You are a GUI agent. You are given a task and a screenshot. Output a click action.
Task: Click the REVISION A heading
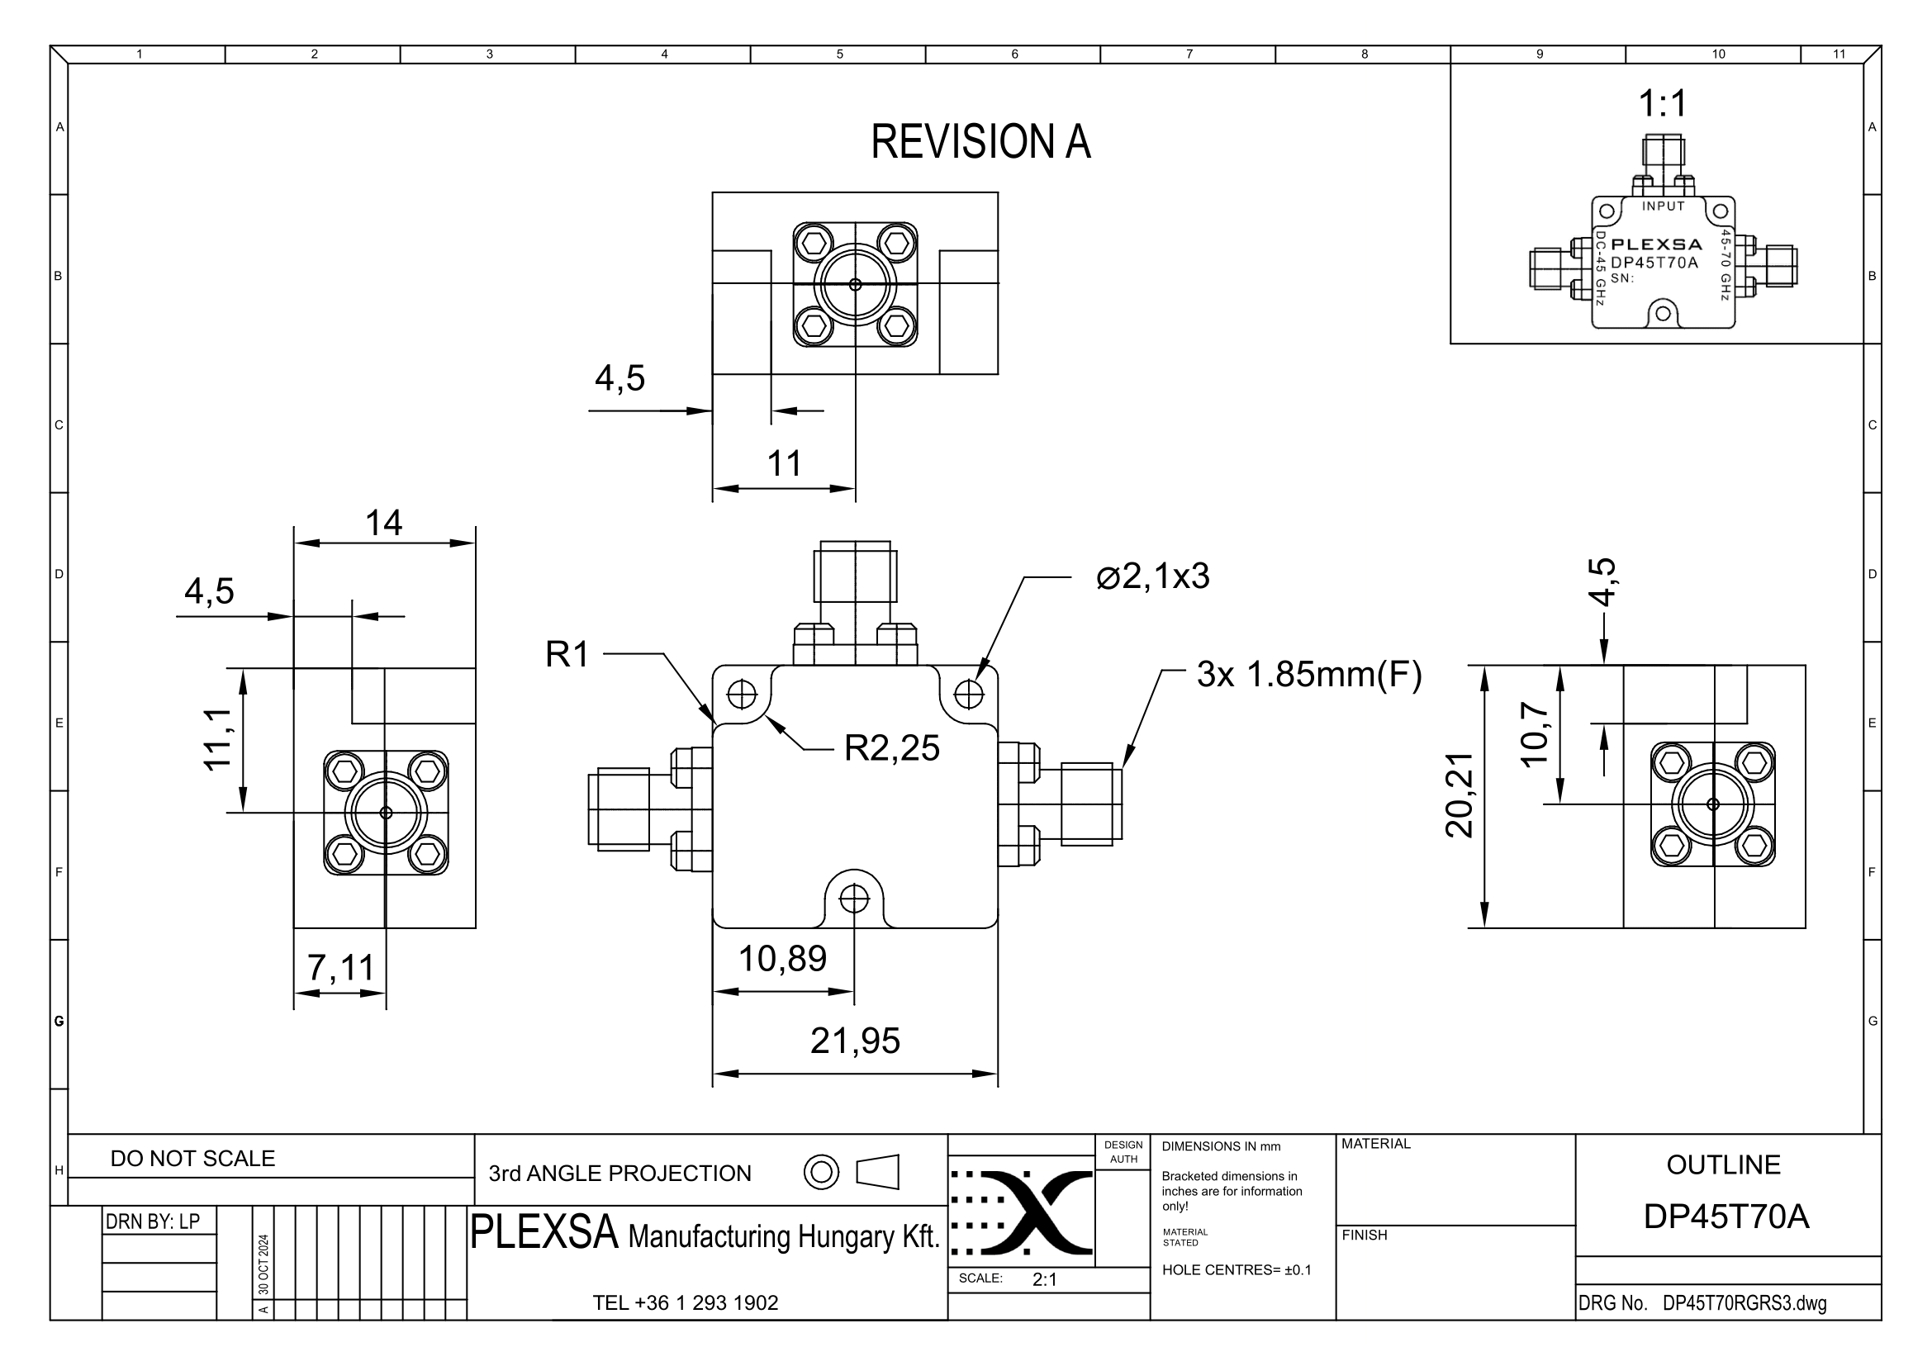[980, 141]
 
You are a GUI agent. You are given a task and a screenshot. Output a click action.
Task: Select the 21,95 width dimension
[855, 1041]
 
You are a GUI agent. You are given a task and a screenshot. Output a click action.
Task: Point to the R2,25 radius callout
[891, 747]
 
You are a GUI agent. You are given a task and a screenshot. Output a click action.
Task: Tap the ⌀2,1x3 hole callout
[1153, 577]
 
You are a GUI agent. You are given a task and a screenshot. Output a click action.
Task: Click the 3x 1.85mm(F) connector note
[1309, 675]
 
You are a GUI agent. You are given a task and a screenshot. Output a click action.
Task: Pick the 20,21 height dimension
[1460, 794]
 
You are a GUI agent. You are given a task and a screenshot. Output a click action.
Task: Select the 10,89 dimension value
[782, 959]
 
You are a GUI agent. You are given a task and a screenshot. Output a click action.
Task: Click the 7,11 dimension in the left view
[340, 968]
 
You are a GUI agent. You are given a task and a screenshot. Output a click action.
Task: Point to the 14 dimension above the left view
[384, 523]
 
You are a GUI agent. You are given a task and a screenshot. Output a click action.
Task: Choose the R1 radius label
[567, 654]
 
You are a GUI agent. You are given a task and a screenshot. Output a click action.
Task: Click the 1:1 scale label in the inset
[1663, 104]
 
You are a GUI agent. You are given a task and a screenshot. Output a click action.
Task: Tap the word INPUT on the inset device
[1664, 206]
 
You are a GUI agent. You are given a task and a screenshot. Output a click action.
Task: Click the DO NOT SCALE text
[192, 1158]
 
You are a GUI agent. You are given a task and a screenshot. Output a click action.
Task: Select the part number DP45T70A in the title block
[1726, 1217]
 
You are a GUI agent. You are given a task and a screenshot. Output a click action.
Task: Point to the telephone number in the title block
[686, 1303]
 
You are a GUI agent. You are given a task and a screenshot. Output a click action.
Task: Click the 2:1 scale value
[1044, 1279]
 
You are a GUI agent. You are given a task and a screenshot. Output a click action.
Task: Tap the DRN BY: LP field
[152, 1221]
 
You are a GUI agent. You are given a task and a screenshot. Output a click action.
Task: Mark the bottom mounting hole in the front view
[854, 899]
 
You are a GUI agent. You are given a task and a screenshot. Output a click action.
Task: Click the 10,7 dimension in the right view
[1534, 733]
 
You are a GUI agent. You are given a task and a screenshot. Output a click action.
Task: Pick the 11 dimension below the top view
[784, 463]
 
